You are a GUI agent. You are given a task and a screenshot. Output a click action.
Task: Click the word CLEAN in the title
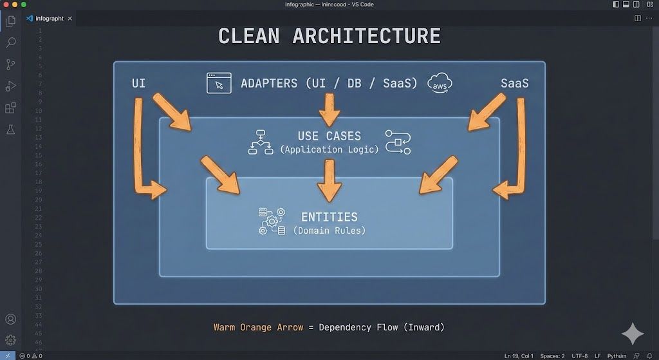[249, 35]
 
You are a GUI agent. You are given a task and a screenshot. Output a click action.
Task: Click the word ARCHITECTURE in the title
[366, 35]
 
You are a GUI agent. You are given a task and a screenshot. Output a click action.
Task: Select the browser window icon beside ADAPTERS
[219, 83]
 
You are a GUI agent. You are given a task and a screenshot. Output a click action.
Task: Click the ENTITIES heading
[329, 217]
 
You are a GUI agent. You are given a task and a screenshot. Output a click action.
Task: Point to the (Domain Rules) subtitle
[329, 231]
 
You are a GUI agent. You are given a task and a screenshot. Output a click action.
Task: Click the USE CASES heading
[329, 136]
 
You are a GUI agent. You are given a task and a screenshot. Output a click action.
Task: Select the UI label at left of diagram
[138, 84]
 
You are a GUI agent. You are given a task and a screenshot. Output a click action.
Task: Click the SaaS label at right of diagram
[515, 84]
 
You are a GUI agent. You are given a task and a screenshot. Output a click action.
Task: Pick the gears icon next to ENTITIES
[272, 221]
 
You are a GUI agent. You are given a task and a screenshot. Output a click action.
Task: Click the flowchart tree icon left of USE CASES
[261, 142]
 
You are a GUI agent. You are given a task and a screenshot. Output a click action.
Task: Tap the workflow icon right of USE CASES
[398, 142]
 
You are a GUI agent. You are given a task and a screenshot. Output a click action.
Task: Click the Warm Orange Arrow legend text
[258, 327]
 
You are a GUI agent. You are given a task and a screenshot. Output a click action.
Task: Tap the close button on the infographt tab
[70, 19]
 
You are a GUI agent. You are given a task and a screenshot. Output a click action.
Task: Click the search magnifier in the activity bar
[10, 43]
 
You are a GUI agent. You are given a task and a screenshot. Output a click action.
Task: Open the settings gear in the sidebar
[10, 340]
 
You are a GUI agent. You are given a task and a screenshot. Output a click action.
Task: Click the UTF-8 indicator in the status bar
[579, 355]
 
